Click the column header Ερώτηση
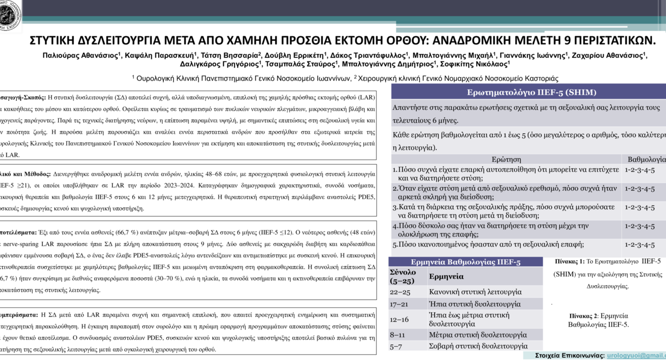[x=506, y=159]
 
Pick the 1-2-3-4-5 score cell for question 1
[x=639, y=170]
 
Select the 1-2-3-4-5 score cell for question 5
[x=639, y=245]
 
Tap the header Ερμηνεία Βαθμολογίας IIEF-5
[x=465, y=262]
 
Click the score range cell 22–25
[x=400, y=292]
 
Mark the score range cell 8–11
[x=397, y=335]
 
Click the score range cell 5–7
[x=396, y=346]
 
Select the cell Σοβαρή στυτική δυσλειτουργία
[x=478, y=346]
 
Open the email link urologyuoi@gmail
[x=636, y=356]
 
